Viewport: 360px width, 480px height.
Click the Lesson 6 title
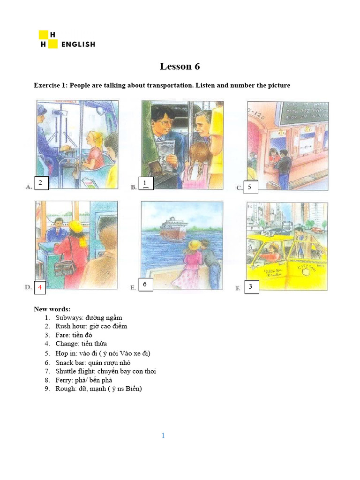pos(180,67)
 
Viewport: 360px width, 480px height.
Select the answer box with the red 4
pos(41,287)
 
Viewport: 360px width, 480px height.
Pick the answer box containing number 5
pos(250,187)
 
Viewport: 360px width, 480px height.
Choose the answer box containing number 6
pos(145,285)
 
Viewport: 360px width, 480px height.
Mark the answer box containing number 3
pos(251,287)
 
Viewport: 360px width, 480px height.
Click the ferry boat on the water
pos(173,229)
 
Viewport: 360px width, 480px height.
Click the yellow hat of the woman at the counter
pos(75,227)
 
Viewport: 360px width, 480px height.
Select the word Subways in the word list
pos(70,317)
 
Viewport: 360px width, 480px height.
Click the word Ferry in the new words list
pos(63,380)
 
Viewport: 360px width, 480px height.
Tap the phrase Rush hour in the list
pos(71,326)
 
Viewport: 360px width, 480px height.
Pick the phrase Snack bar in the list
pos(69,362)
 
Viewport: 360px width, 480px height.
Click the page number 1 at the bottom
pos(163,436)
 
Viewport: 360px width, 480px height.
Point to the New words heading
pos(52,309)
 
